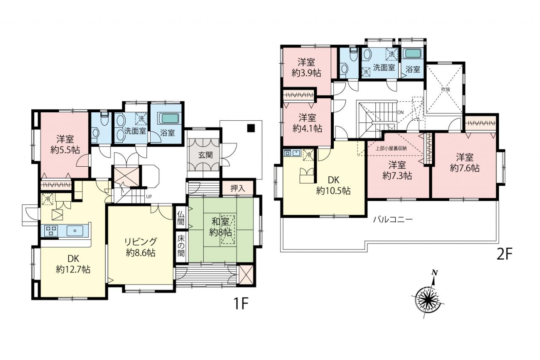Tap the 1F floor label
240,303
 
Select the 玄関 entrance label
205,155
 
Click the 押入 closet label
238,188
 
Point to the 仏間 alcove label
181,218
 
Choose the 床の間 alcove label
181,246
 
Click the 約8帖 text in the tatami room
221,233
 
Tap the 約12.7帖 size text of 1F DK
73,269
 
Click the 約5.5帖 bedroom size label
65,150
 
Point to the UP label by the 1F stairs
149,197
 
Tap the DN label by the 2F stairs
400,112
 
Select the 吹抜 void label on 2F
446,89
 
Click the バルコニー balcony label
393,219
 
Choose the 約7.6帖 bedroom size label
464,168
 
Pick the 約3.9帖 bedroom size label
306,73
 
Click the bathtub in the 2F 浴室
413,53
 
